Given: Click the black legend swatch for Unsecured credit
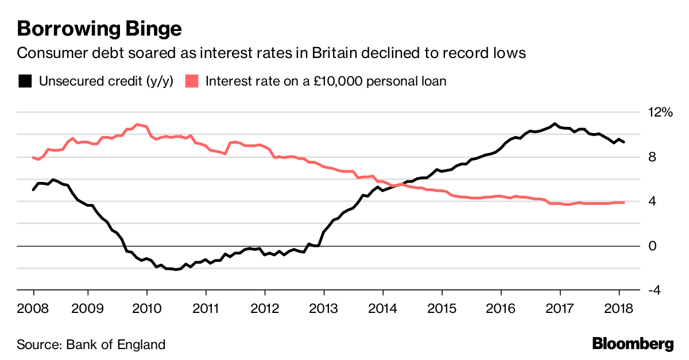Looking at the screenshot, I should pos(25,81).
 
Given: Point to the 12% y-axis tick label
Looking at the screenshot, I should pos(659,113).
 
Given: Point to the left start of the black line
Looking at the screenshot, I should pos(33,189).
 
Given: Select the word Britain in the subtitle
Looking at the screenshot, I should pos(334,53).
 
